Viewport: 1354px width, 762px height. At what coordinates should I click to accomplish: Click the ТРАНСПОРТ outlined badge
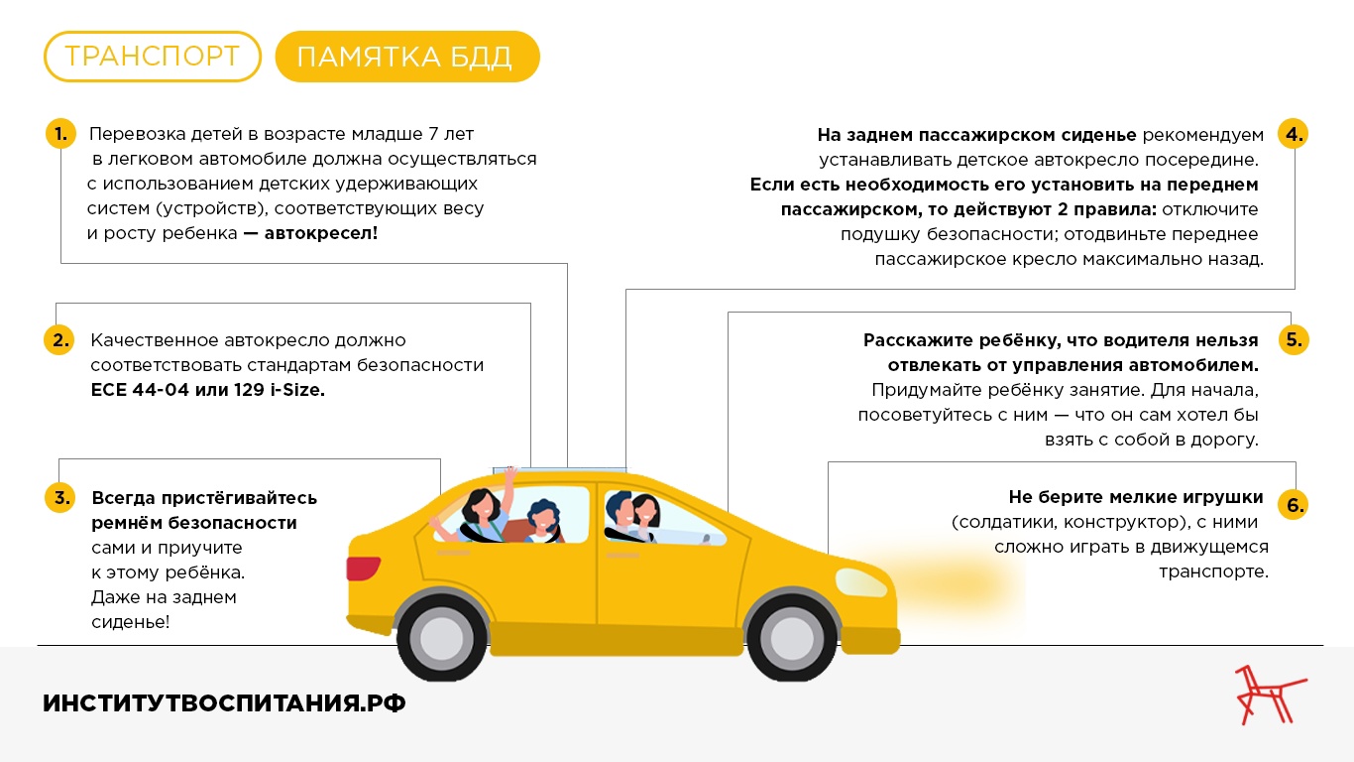click(x=153, y=57)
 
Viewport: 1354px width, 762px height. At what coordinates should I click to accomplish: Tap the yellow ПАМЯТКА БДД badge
click(x=407, y=57)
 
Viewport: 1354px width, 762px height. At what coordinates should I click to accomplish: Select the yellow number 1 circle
click(x=61, y=134)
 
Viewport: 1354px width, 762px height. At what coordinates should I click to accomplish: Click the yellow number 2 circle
click(x=59, y=339)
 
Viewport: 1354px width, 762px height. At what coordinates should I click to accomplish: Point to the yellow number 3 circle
click(x=60, y=497)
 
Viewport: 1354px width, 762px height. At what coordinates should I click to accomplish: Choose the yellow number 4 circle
click(x=1294, y=134)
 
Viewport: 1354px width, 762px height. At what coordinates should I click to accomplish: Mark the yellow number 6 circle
click(x=1294, y=504)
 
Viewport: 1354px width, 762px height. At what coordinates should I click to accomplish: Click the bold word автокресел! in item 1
click(x=321, y=233)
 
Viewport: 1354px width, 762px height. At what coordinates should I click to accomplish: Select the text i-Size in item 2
click(x=297, y=390)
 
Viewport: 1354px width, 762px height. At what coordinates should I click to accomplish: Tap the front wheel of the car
click(x=791, y=637)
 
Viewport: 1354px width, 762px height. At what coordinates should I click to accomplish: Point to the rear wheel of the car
click(x=441, y=637)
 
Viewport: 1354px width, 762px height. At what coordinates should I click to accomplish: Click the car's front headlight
click(x=860, y=582)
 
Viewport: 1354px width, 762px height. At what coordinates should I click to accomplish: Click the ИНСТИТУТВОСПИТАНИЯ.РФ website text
click(x=224, y=703)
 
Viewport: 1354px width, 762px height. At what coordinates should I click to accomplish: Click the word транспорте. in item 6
click(x=1214, y=571)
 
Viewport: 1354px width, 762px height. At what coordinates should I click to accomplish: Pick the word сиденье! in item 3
click(x=131, y=622)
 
